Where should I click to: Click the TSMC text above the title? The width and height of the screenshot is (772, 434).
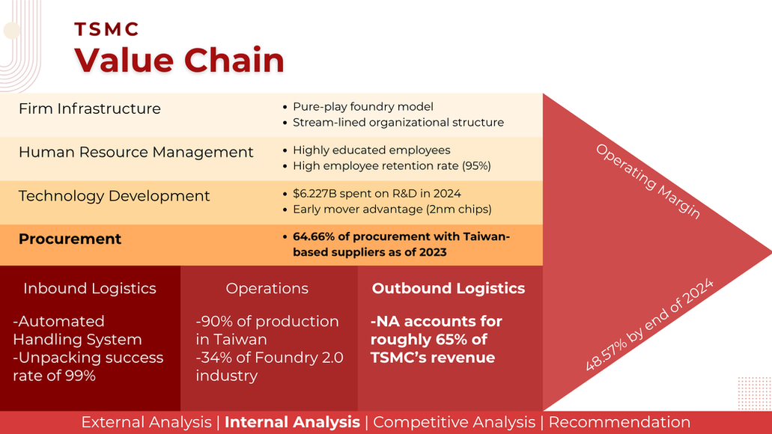pyautogui.click(x=106, y=29)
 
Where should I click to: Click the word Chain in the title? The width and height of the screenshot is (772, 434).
pyautogui.click(x=234, y=60)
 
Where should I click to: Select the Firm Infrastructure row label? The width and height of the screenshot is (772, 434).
pyautogui.click(x=90, y=109)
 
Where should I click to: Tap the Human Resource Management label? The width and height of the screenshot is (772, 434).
pyautogui.click(x=136, y=152)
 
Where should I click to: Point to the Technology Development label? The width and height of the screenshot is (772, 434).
pyautogui.click(x=115, y=196)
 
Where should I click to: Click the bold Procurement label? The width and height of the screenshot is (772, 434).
pyautogui.click(x=70, y=239)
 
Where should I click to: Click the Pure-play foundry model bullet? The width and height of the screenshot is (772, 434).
pyautogui.click(x=363, y=107)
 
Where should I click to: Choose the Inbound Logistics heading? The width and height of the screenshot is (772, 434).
pyautogui.click(x=90, y=288)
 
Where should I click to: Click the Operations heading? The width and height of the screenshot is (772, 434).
pyautogui.click(x=267, y=288)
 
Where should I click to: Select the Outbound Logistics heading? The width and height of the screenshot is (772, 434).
pyautogui.click(x=449, y=288)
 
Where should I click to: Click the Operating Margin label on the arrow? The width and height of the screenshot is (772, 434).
pyautogui.click(x=648, y=181)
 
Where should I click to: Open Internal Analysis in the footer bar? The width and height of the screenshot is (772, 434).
pyautogui.click(x=292, y=422)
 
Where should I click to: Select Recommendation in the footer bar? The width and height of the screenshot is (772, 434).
pyautogui.click(x=619, y=422)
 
